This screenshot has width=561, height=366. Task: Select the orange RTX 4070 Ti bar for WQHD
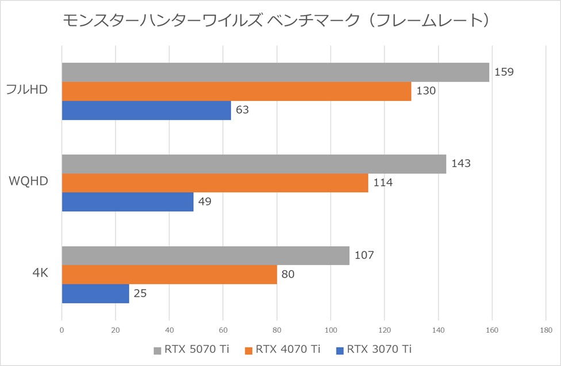click(x=214, y=183)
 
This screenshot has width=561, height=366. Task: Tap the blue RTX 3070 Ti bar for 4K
click(x=95, y=294)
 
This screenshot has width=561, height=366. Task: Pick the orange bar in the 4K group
click(x=169, y=275)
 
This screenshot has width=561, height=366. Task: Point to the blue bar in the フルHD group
click(x=146, y=110)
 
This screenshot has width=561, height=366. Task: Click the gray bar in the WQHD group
click(x=253, y=164)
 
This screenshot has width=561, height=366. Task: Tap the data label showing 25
click(x=140, y=294)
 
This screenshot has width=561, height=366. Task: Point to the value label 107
click(x=364, y=255)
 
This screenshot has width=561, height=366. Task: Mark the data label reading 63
click(x=242, y=110)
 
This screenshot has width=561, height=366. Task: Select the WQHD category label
click(x=28, y=182)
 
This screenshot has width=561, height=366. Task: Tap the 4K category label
click(x=40, y=274)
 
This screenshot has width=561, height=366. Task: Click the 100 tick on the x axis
click(x=331, y=330)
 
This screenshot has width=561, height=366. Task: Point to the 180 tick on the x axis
click(x=545, y=330)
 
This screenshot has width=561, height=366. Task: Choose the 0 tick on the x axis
click(x=62, y=330)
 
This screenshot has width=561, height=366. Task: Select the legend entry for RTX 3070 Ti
click(x=373, y=349)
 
